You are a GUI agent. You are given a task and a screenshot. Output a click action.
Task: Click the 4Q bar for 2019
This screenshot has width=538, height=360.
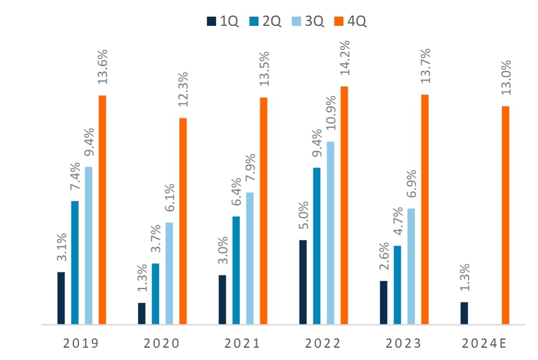pos(102,210)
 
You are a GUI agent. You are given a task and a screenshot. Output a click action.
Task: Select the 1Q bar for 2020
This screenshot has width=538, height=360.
pos(141,314)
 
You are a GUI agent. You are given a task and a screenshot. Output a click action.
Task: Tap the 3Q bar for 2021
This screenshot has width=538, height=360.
pos(250,258)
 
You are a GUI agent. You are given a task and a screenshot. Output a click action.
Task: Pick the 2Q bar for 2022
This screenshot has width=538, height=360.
pos(317,246)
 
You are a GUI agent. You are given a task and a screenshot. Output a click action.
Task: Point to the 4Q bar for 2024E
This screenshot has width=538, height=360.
pos(505,215)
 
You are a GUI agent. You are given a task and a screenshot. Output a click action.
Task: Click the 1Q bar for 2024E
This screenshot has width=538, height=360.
pos(464,313)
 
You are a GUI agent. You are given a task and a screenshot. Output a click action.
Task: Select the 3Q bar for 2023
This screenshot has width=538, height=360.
pos(411,266)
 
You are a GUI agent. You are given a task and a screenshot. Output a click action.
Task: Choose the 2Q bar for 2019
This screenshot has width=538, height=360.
pos(75,263)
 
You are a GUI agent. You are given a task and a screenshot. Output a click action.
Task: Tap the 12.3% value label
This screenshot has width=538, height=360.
pos(183,91)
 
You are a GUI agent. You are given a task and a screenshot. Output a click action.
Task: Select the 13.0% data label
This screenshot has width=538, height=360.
pos(506,79)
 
